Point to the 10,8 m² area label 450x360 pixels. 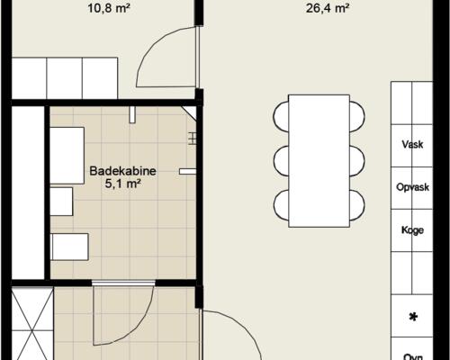coord(106,11)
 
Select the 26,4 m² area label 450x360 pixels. coord(328,11)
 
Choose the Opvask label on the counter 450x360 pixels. coord(413,187)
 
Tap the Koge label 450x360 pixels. coord(413,229)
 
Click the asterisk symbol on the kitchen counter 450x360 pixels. coord(413,317)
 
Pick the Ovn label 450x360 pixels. coord(413,355)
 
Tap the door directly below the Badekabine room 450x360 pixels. coord(124,284)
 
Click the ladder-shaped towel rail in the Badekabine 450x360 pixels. coord(193,137)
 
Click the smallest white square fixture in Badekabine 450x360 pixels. coord(61,202)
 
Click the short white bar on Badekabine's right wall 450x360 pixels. coord(187,170)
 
